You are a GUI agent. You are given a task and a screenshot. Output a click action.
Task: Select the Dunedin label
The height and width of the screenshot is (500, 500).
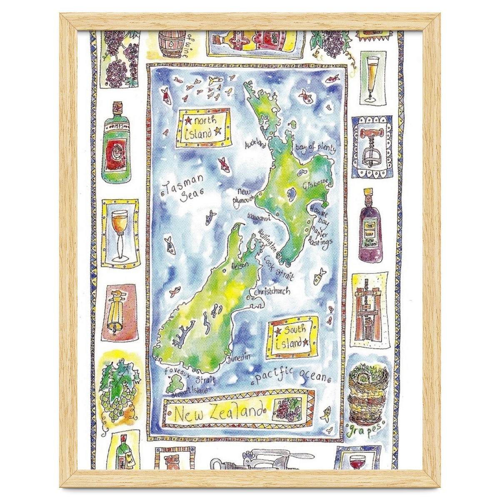pyautogui.click(x=239, y=358)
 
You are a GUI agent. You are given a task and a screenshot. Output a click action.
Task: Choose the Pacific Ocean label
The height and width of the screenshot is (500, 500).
pyautogui.click(x=291, y=376)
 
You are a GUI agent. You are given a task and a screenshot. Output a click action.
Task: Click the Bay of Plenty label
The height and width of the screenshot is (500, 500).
pyautogui.click(x=314, y=149)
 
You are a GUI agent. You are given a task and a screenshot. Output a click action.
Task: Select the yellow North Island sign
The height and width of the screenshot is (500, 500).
pyautogui.click(x=203, y=127)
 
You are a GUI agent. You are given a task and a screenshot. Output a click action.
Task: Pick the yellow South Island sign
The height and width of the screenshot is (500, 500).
pyautogui.click(x=292, y=337)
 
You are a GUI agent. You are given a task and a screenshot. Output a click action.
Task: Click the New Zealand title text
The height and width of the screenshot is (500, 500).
pyautogui.click(x=220, y=413)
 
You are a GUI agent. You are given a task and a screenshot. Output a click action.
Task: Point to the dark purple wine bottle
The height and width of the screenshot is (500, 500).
pyautogui.click(x=370, y=227)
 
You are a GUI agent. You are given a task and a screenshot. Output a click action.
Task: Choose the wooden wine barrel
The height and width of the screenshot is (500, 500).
pyautogui.click(x=172, y=43)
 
